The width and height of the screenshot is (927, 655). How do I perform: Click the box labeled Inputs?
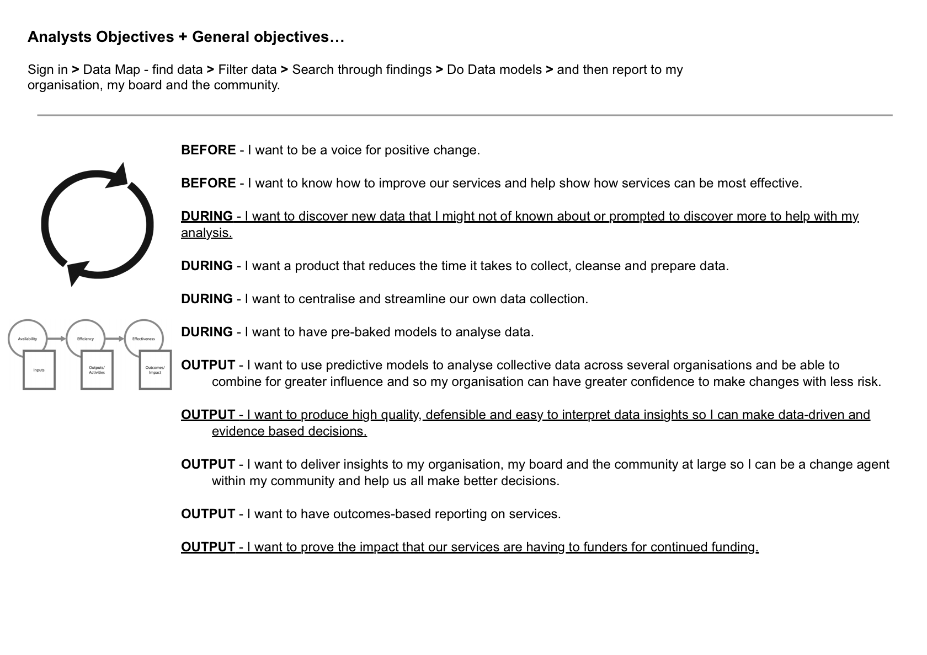pyautogui.click(x=39, y=370)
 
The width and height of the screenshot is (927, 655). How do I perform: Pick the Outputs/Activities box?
pyautogui.click(x=97, y=370)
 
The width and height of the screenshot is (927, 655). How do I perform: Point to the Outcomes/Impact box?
pyautogui.click(x=155, y=370)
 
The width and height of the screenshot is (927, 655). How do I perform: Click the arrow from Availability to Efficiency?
pyautogui.click(x=56, y=339)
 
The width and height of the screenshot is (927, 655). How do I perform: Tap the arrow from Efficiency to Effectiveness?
pyautogui.click(x=115, y=339)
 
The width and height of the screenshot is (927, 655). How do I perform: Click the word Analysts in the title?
pyautogui.click(x=60, y=37)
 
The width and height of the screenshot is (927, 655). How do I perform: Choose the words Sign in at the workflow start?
pyautogui.click(x=47, y=69)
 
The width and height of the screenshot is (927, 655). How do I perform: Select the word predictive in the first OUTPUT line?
pyautogui.click(x=350, y=365)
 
